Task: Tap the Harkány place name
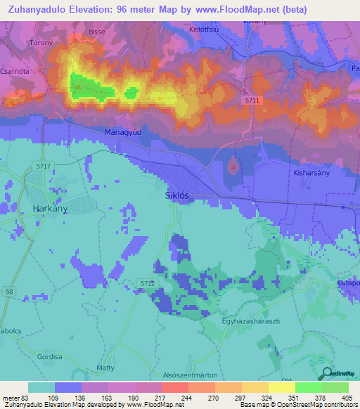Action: [49, 208]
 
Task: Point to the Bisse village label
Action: [96, 32]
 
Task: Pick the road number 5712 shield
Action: [146, 283]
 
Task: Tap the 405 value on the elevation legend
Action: [347, 397]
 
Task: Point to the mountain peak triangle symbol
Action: [233, 167]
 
